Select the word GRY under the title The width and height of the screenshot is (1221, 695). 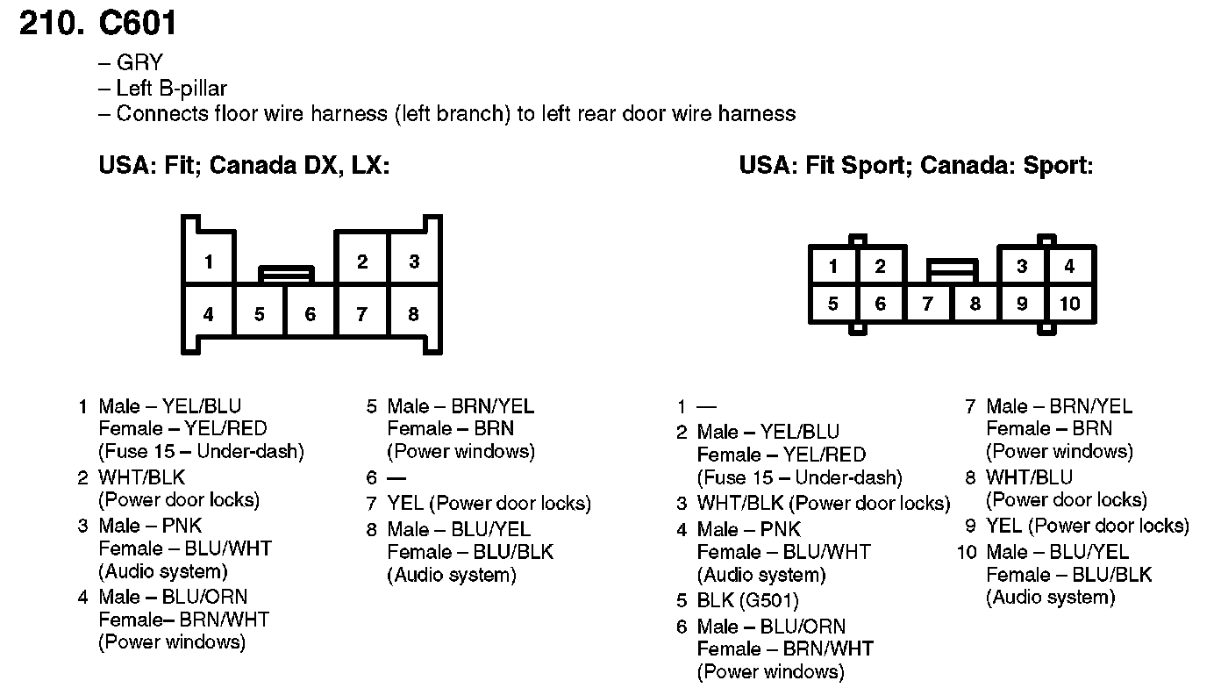pos(139,63)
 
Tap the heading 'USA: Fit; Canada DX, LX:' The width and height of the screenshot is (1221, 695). pos(244,165)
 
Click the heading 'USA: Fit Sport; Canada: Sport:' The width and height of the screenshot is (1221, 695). pos(916,165)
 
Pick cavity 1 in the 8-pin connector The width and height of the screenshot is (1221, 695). pos(209,261)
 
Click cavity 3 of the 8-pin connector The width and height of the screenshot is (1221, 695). pos(414,261)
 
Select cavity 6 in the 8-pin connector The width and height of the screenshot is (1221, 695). pos(311,314)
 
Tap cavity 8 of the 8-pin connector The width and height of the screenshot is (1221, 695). pos(414,314)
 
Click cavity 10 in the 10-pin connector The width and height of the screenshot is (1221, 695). pos(1069,304)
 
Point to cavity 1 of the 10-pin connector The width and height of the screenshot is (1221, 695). pos(832,267)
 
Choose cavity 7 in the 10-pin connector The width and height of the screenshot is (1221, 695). pos(927,304)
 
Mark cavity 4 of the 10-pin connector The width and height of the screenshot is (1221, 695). pos(1069,267)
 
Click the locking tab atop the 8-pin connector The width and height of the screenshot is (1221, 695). pos(287,274)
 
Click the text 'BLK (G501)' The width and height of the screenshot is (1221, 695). pos(747,601)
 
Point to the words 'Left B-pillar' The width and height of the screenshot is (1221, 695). pos(172,89)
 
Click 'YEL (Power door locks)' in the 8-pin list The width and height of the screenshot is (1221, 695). pos(489,504)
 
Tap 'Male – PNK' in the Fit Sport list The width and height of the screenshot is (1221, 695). pos(749,529)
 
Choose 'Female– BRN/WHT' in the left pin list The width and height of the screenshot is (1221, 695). pos(183,620)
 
